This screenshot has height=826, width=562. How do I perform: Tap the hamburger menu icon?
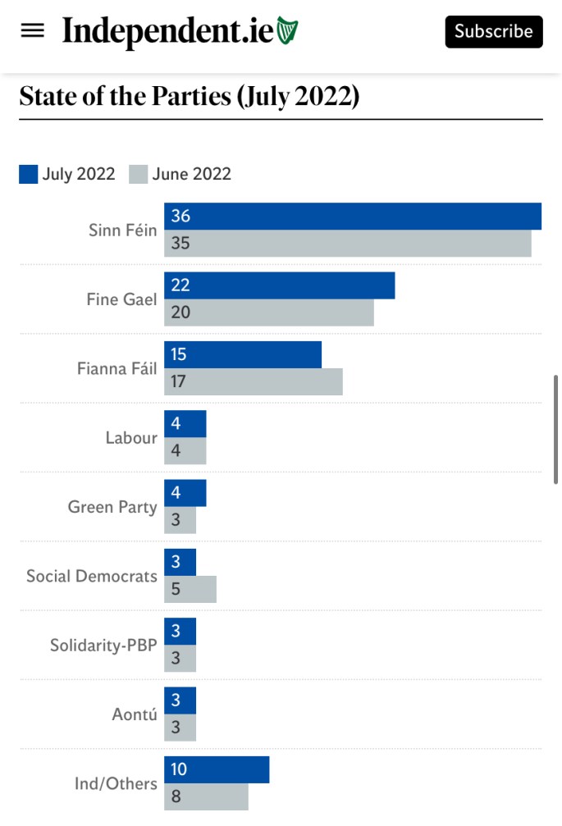coord(33,31)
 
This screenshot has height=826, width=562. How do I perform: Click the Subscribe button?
coord(494,31)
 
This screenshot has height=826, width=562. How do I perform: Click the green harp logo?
coord(287,31)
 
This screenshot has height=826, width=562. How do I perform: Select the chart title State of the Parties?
coord(189,96)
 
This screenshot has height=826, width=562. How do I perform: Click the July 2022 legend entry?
coord(68,174)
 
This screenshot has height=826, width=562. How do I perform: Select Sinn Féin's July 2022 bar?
coord(353,217)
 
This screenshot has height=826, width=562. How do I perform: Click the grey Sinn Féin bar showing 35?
coord(348,244)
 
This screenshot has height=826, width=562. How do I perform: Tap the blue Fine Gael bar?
coord(279,285)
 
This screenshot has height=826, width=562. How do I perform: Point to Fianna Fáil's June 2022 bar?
coord(254,382)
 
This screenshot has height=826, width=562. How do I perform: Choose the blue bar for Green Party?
coord(185,493)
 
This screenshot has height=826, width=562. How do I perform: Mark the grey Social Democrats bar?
coord(190,589)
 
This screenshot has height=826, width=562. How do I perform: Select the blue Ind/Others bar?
coord(217,769)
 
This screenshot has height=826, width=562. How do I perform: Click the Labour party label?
coord(131,438)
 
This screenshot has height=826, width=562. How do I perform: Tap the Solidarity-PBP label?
coord(103,646)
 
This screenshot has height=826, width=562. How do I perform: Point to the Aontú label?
coord(135,714)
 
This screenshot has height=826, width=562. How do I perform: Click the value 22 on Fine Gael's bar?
coord(180,285)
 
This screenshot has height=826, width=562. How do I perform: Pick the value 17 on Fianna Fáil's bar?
coord(179,382)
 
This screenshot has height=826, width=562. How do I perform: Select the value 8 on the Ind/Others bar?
coord(176,796)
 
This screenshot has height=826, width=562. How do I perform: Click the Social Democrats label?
coord(92,576)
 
